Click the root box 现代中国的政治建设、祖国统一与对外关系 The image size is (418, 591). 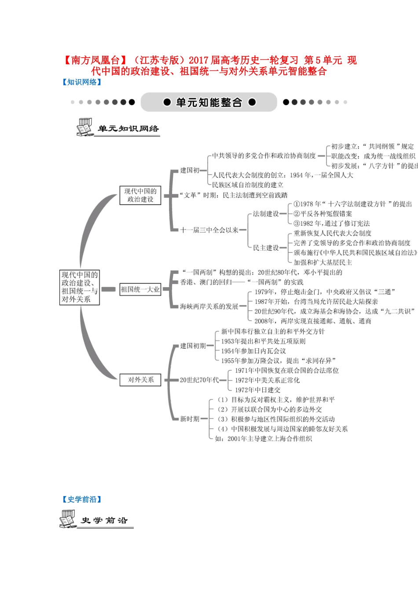[x=80, y=287]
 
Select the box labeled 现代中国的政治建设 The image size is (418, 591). [x=140, y=195]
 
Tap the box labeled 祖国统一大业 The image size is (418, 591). [x=140, y=289]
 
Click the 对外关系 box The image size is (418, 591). [x=141, y=380]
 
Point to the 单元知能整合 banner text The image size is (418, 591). [x=209, y=102]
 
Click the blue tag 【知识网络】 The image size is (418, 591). [x=82, y=82]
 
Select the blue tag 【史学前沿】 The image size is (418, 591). [x=82, y=500]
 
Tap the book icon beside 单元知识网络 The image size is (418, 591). [x=84, y=128]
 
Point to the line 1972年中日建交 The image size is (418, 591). [x=257, y=390]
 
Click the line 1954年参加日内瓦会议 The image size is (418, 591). [x=253, y=351]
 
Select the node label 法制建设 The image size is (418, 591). [x=266, y=214]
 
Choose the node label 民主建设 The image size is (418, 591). [x=266, y=248]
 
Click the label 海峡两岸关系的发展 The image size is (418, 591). [x=209, y=306]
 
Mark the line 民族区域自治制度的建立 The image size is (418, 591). [x=248, y=185]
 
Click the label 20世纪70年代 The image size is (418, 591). [x=199, y=380]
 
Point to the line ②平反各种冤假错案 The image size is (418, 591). [x=323, y=214]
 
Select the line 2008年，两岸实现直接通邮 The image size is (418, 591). [x=312, y=321]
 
